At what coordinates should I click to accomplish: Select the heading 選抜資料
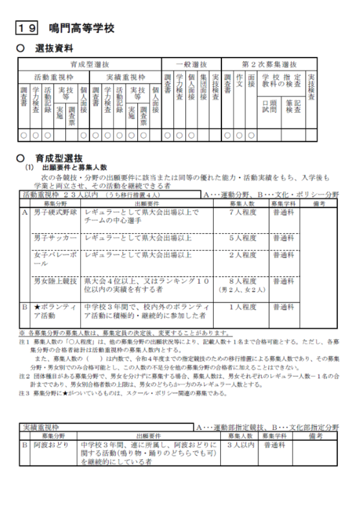[x=54, y=49]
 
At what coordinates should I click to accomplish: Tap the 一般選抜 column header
[x=192, y=65]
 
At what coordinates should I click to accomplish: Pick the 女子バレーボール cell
[x=55, y=260]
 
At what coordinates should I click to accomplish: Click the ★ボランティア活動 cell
[x=55, y=311]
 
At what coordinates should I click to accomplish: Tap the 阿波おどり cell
[x=52, y=445]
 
